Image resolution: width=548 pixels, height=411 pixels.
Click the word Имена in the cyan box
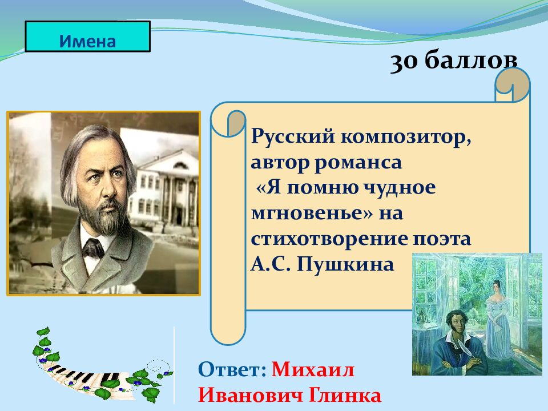pos(87,41)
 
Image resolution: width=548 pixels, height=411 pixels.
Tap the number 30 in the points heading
pos(404,62)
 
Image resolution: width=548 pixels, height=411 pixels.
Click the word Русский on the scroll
pos(293,136)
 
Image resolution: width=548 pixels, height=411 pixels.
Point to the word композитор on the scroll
pos(406,138)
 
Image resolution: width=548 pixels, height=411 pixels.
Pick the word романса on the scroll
pos(358,163)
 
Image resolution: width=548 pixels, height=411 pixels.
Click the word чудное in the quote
pos(399,188)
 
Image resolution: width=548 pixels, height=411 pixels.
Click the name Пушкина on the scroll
pos(345,264)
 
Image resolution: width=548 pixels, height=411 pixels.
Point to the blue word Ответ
pos(232,369)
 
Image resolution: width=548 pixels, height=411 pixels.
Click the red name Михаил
pos(313,369)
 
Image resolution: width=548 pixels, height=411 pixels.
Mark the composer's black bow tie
pos(93,248)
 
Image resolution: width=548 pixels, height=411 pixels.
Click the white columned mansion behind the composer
pos(165,189)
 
